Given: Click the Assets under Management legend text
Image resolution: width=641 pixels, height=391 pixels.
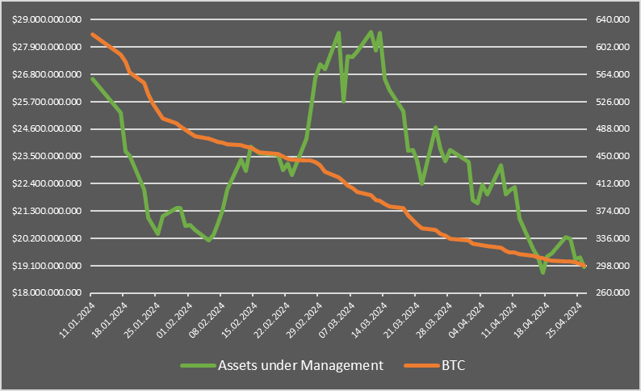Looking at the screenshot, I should click(x=300, y=365).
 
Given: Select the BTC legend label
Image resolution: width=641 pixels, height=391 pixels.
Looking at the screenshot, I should click(x=455, y=365).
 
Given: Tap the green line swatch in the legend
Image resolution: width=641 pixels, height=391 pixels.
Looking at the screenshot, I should click(x=195, y=366).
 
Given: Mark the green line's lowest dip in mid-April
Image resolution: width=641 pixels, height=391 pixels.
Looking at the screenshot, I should click(x=543, y=272).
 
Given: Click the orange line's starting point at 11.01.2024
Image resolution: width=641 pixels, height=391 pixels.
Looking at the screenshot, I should click(x=92, y=34).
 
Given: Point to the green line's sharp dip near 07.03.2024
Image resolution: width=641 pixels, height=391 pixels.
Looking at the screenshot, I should click(x=344, y=100).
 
